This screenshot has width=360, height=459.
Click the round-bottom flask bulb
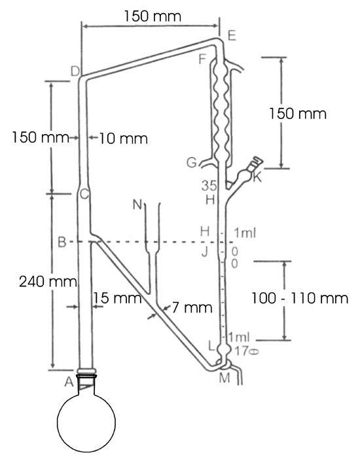[86, 422]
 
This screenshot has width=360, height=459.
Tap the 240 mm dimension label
[48, 282]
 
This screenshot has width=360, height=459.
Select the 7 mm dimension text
[192, 307]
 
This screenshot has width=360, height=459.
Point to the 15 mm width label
[117, 298]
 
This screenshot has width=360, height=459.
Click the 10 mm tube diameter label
[124, 139]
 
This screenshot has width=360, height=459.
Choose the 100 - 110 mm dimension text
[300, 298]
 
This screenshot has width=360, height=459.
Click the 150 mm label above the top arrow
[153, 16]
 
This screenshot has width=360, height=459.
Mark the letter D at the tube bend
[75, 71]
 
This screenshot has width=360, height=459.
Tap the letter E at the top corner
[232, 36]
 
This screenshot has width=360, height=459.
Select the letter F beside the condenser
[202, 59]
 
